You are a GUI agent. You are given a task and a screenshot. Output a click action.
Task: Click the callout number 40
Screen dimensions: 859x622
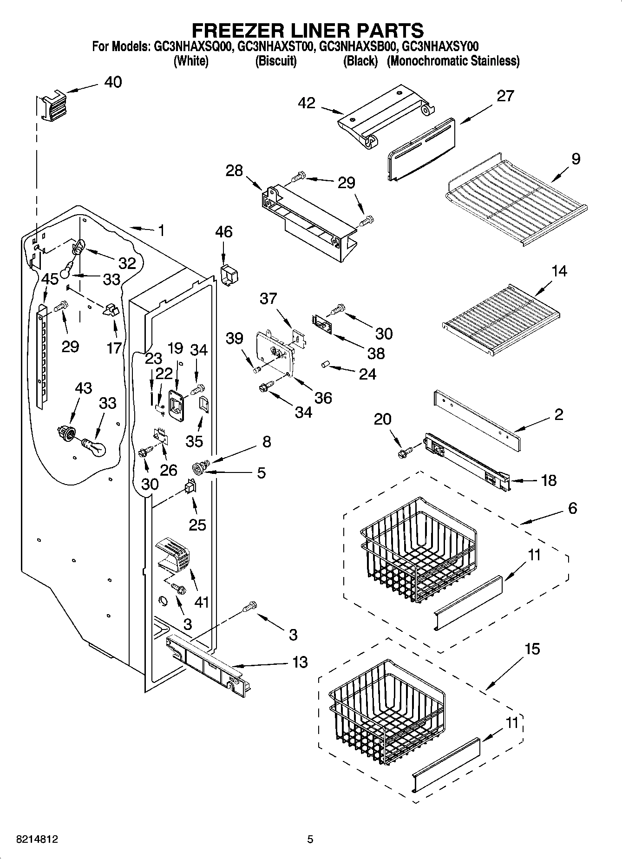coord(113,82)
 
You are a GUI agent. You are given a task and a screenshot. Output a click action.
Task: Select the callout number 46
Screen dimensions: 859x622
coord(224,232)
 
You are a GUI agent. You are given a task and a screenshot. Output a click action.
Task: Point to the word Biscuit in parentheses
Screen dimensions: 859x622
coord(276,61)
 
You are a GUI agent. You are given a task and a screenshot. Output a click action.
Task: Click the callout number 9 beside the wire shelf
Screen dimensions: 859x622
coord(576,159)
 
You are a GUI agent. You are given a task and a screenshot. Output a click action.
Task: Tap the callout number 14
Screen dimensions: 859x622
coord(559,271)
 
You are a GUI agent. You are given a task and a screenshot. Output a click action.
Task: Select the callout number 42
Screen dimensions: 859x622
coord(308,103)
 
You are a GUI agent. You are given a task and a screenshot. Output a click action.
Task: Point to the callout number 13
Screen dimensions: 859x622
coord(300,662)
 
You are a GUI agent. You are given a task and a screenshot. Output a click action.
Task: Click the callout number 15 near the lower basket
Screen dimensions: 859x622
coord(532,649)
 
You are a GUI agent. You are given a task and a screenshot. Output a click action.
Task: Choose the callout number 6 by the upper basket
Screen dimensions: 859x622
coord(572,508)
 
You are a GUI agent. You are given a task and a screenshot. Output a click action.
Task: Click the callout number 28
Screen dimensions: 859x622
coord(234,170)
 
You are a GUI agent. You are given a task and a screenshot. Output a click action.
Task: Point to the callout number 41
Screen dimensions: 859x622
coord(202,602)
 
